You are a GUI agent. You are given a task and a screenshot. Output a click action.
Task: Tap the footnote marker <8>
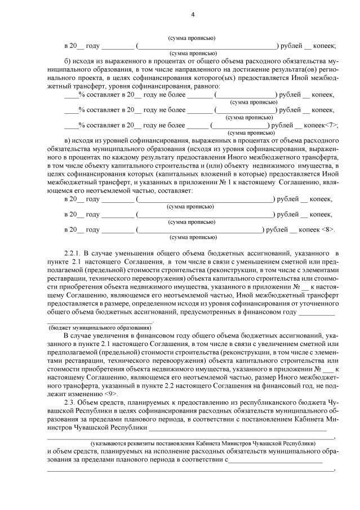click(327, 230)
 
